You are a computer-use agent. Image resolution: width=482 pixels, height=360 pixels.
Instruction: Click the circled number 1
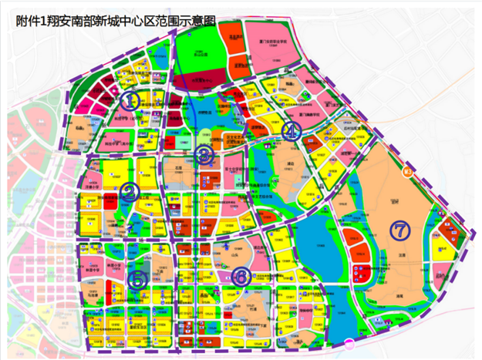coord(131,100)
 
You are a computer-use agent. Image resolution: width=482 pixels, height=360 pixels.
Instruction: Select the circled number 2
coord(130,192)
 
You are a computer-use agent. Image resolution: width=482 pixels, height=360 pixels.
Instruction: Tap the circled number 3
coord(203,155)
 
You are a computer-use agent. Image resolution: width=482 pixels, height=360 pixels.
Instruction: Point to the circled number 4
coord(290,132)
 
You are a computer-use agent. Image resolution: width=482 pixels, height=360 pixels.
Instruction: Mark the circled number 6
coord(241,276)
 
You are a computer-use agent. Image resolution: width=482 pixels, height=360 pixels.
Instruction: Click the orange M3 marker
coord(408,173)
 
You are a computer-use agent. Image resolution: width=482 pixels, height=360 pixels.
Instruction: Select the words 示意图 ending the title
coord(196,21)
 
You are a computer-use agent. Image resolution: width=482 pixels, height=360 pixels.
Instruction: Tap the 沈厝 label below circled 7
coord(400,252)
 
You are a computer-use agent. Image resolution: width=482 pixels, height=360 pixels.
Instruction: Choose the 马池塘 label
coord(93,292)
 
